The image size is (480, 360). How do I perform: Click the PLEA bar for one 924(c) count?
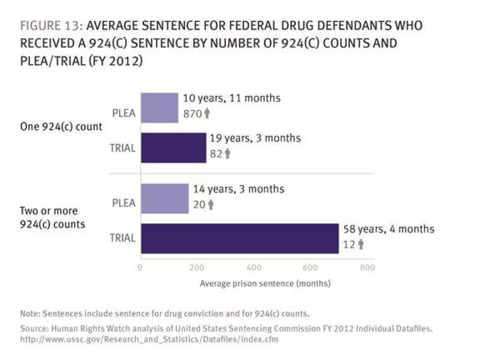coord(159,108)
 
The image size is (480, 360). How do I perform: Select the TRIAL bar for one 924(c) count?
coord(173,148)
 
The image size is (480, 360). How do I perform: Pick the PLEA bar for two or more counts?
coord(164,199)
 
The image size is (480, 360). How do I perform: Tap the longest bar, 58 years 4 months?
coord(239,238)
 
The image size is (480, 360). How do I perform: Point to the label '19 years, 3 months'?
coord(256,138)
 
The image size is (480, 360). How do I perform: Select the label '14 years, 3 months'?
coord(238,189)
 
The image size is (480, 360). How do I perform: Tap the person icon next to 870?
coord(207,114)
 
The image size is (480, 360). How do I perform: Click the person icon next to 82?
coord(227,154)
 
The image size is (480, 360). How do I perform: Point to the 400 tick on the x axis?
coord(253,268)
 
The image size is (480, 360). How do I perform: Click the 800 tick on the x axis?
coord(367,268)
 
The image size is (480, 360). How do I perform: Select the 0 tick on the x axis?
coord(140,268)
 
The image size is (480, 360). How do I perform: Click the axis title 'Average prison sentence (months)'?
coord(265,283)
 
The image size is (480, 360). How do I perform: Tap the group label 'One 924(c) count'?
coord(60,127)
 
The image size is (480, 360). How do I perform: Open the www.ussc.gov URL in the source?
coord(149,339)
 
